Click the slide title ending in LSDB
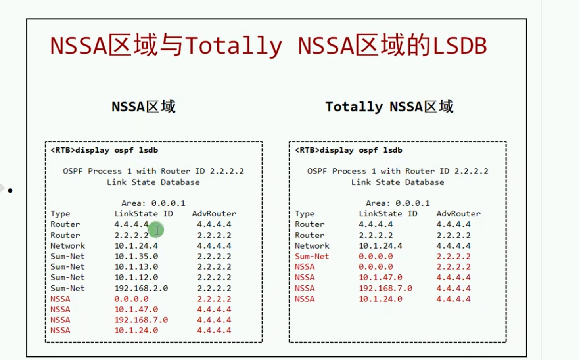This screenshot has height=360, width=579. pyautogui.click(x=268, y=46)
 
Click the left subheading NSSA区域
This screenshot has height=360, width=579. pyautogui.click(x=144, y=107)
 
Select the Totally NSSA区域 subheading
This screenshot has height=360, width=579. pyautogui.click(x=389, y=107)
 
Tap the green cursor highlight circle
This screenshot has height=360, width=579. pyautogui.click(x=156, y=230)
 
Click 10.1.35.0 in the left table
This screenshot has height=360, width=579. pyautogui.click(x=136, y=256)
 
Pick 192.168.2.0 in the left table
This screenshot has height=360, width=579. pyautogui.click(x=141, y=288)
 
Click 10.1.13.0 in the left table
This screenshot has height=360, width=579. pyautogui.click(x=136, y=266)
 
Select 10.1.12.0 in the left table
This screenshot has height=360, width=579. pyautogui.click(x=136, y=277)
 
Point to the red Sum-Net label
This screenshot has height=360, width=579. pyautogui.click(x=312, y=256)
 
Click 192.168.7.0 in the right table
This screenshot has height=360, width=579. pyautogui.click(x=385, y=288)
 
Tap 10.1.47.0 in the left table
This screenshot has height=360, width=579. pyautogui.click(x=136, y=309)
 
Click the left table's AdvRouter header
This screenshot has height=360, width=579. pyautogui.click(x=214, y=213)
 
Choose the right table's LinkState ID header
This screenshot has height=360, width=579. pyautogui.click(x=388, y=213)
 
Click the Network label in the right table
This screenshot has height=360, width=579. pyautogui.click(x=312, y=245)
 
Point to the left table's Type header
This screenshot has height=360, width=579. pyautogui.click(x=60, y=214)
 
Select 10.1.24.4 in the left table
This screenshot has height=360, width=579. pyautogui.click(x=136, y=245)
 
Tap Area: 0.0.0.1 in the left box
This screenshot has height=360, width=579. pyautogui.click(x=153, y=203)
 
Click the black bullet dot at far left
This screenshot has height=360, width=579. pyautogui.click(x=10, y=191)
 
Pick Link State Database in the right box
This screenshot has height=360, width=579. pyautogui.click(x=397, y=182)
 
